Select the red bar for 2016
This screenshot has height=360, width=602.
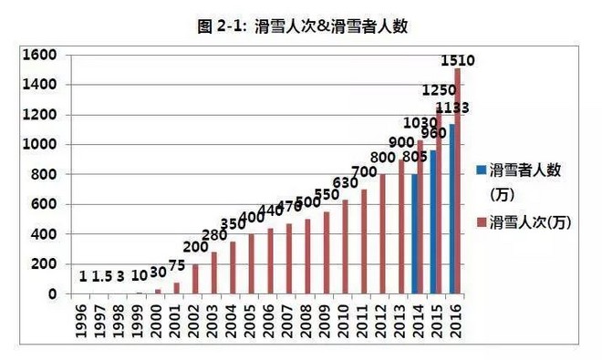tap(457, 181)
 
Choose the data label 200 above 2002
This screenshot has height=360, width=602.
tap(194, 247)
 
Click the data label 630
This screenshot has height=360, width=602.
tap(345, 182)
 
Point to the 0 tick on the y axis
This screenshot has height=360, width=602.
tap(54, 294)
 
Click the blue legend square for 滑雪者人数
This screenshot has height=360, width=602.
tap(481, 170)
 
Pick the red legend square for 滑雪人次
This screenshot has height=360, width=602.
tap(481, 221)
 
